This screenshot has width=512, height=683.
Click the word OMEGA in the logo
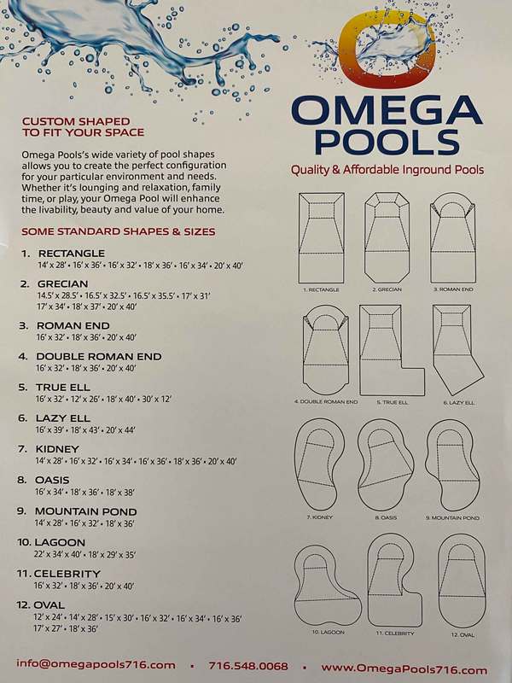click(387, 110)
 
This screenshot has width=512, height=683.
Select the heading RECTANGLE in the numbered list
click(72, 253)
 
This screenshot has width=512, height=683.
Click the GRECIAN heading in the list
click(62, 284)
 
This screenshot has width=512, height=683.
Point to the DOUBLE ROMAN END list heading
click(99, 356)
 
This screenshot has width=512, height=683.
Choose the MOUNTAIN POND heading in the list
click(86, 511)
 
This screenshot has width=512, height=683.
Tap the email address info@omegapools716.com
click(96, 665)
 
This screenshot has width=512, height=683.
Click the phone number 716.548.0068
click(248, 666)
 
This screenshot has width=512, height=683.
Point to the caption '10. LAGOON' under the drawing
click(328, 632)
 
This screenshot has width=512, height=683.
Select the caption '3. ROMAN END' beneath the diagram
click(453, 289)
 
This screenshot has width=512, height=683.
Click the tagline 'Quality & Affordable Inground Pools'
click(387, 169)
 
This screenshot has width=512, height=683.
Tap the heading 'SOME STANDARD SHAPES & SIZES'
click(119, 231)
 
